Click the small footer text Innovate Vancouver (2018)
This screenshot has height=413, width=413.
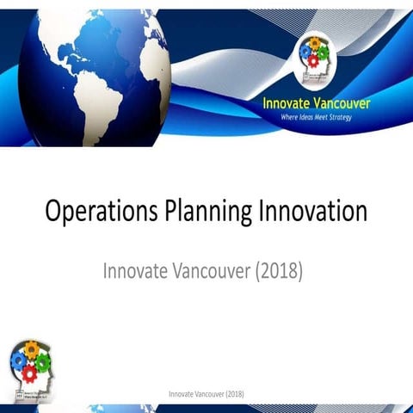click(x=206, y=394)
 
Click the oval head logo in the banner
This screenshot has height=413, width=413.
click(x=316, y=56)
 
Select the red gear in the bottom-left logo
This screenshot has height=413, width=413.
click(x=28, y=372)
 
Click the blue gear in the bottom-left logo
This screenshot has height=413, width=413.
click(x=19, y=358)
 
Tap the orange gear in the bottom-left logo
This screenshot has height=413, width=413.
click(x=30, y=348)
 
